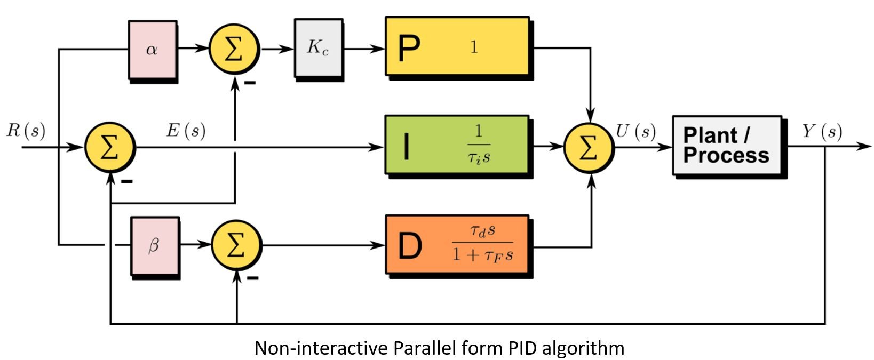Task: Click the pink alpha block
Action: click(153, 50)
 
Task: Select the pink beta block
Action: click(155, 246)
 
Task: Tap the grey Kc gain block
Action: click(318, 48)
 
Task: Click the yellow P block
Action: click(457, 47)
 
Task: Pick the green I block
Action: click(457, 145)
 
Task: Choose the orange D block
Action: click(457, 245)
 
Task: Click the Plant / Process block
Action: click(727, 146)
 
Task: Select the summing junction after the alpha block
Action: click(234, 49)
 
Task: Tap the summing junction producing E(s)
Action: click(109, 147)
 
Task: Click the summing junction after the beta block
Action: click(236, 245)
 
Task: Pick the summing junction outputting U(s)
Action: click(589, 147)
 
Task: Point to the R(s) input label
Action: click(26, 130)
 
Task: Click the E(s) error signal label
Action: click(186, 130)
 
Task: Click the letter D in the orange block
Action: click(410, 246)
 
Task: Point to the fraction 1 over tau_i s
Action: click(479, 145)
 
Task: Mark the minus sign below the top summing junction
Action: click(250, 83)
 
